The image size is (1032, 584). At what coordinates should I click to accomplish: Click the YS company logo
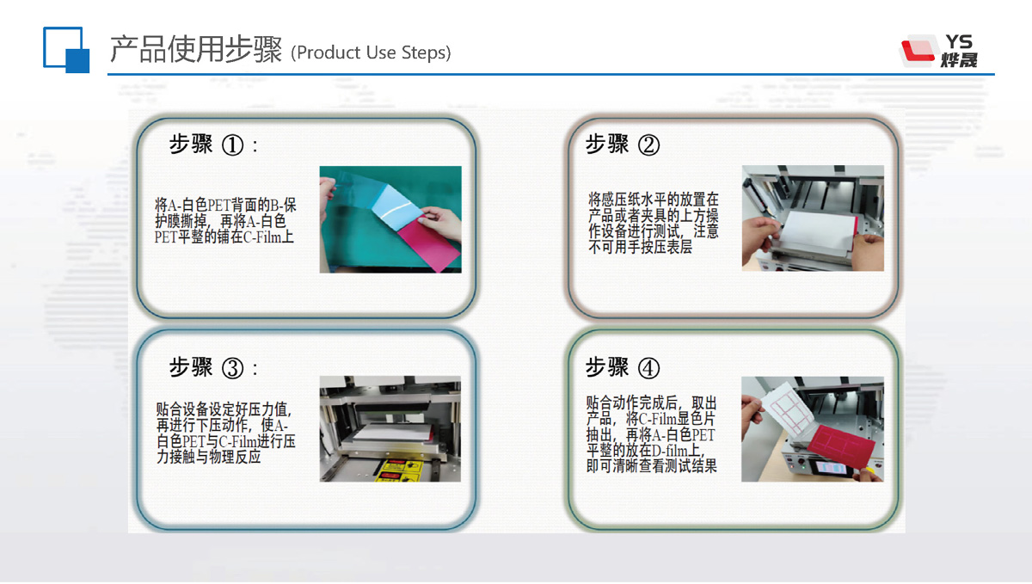coord(938,51)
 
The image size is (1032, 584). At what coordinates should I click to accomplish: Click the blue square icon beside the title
coord(66,50)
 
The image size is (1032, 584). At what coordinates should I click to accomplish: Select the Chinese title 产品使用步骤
coord(195,50)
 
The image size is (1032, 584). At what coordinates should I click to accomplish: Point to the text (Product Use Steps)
coord(371,52)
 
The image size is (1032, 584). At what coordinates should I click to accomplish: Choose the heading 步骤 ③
coord(212,368)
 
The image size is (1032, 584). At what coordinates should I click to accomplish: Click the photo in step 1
coord(390,219)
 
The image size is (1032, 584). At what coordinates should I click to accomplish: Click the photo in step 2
coord(813,218)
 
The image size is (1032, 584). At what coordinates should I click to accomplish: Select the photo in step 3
coord(390,428)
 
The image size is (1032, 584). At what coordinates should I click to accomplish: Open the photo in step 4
coord(813,428)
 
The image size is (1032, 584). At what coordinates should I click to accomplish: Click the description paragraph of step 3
coord(225,433)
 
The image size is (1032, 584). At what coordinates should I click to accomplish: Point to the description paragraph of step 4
coord(651,434)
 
